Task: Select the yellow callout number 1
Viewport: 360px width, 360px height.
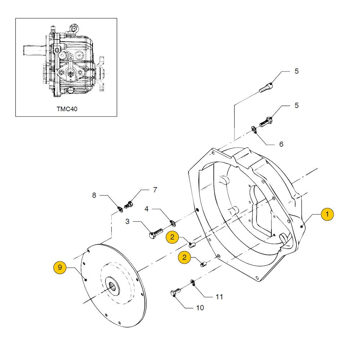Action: pos(327,214)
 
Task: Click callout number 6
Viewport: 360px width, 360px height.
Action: pos(281,144)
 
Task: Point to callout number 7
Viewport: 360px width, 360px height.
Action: pos(155,190)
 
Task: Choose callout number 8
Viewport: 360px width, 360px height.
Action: pos(94,195)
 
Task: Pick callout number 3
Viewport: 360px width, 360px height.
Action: pos(127,221)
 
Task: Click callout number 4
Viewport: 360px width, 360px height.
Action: pos(147,209)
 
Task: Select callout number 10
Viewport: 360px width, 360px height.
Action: pos(200,308)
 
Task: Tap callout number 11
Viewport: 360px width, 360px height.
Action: pos(219,297)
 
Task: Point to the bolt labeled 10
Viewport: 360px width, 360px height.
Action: pos(175,292)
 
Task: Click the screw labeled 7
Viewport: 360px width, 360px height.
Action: pos(128,205)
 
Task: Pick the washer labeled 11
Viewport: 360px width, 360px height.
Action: pos(193,283)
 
